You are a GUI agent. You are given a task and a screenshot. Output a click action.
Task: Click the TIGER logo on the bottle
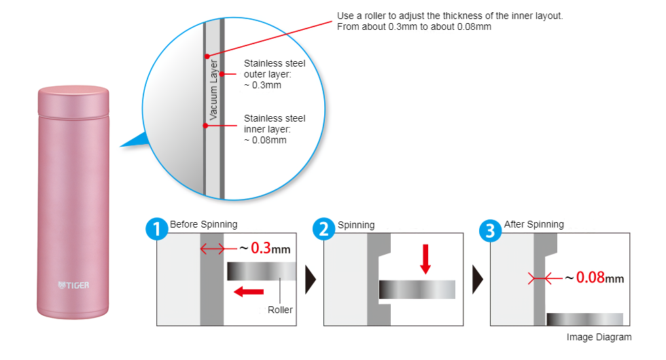pos(73,285)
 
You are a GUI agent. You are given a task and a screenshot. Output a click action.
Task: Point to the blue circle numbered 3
pos(490,230)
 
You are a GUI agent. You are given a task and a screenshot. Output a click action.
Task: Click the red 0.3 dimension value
pos(262,248)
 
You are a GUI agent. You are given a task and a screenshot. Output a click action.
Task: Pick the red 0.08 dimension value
pos(590,278)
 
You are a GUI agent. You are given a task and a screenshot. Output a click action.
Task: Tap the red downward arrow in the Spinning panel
pos(425,258)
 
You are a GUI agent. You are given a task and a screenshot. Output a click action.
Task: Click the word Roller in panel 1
pos(280,310)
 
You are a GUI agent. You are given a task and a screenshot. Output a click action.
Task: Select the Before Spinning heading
pos(203,224)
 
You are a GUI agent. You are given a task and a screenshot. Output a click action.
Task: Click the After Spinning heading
pos(533,224)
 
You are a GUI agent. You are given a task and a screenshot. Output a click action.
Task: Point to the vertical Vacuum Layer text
pos(213,90)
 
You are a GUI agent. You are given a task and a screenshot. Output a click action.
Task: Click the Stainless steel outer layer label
pos(274,74)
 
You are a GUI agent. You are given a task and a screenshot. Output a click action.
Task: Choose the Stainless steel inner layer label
pos(274,129)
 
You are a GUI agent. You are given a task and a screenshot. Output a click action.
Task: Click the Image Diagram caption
pos(598,337)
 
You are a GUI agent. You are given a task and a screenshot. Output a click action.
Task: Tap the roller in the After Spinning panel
pos(584,319)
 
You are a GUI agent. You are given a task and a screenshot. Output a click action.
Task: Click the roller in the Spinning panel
pos(417,289)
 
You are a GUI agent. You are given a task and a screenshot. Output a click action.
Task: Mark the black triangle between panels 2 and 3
pos(478,278)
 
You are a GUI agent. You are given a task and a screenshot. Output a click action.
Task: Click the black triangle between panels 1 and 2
pos(311,278)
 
